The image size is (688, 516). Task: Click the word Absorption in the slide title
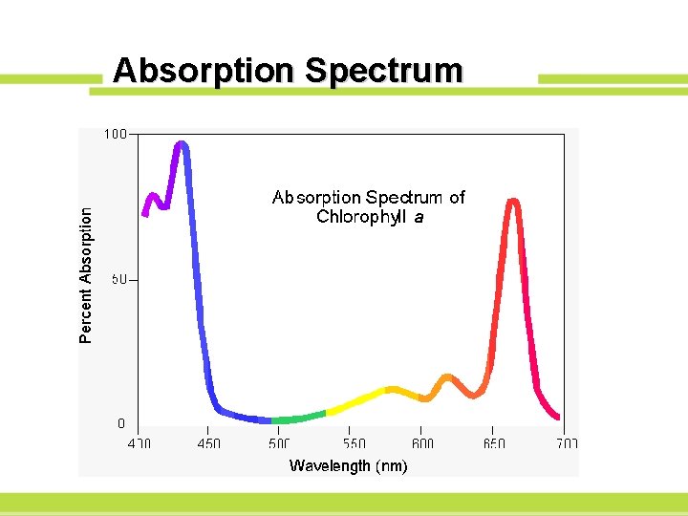click(204, 72)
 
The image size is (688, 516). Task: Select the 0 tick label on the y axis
click(120, 423)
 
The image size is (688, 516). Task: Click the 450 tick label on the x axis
click(208, 443)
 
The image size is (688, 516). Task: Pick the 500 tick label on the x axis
click(279, 443)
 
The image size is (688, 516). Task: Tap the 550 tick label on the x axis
click(354, 443)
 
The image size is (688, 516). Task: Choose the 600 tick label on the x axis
click(422, 443)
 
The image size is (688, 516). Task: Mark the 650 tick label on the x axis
click(494, 443)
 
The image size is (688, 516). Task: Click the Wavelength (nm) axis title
click(348, 466)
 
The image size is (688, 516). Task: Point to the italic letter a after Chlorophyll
click(419, 217)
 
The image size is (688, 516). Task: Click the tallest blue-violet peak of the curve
click(181, 145)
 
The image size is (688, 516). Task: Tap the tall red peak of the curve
click(513, 202)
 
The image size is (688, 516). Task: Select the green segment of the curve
click(298, 419)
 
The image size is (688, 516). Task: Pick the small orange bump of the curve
click(447, 378)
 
